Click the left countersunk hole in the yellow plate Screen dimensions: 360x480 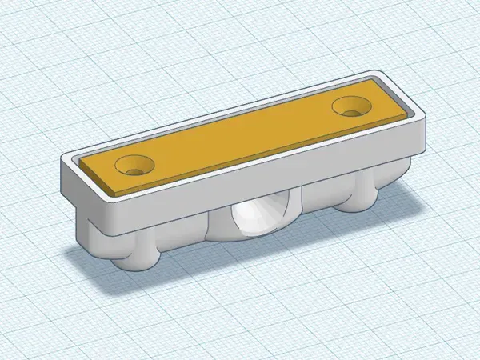pos(134,166)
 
